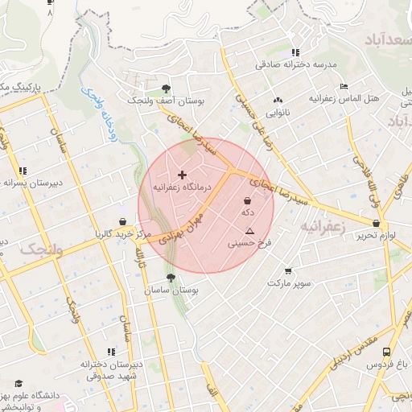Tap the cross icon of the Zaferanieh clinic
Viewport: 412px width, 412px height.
click(182, 174)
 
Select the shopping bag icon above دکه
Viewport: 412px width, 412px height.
click(247, 200)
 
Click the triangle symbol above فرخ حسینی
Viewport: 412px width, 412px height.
click(250, 231)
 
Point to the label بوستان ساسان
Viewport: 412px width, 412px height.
click(174, 289)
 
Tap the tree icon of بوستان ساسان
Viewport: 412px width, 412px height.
click(170, 277)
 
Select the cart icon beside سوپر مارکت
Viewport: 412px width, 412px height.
click(289, 271)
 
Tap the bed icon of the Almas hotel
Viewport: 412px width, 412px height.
click(344, 87)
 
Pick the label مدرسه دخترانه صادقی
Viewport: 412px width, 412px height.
click(295, 65)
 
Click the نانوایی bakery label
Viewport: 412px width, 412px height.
click(278, 113)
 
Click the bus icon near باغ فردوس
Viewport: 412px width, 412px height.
click(387, 352)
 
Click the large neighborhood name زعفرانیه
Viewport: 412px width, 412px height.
click(323, 227)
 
